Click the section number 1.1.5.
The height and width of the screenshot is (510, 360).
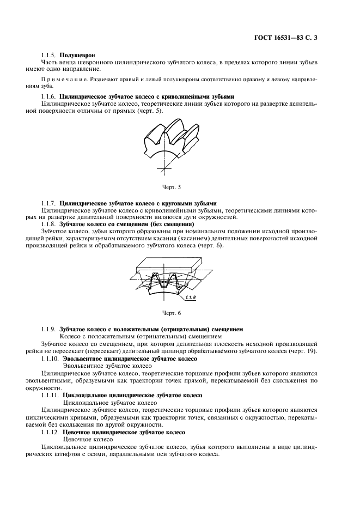(50, 56)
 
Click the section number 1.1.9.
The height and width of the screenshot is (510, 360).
(50, 329)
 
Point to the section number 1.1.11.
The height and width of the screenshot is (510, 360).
(51, 394)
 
